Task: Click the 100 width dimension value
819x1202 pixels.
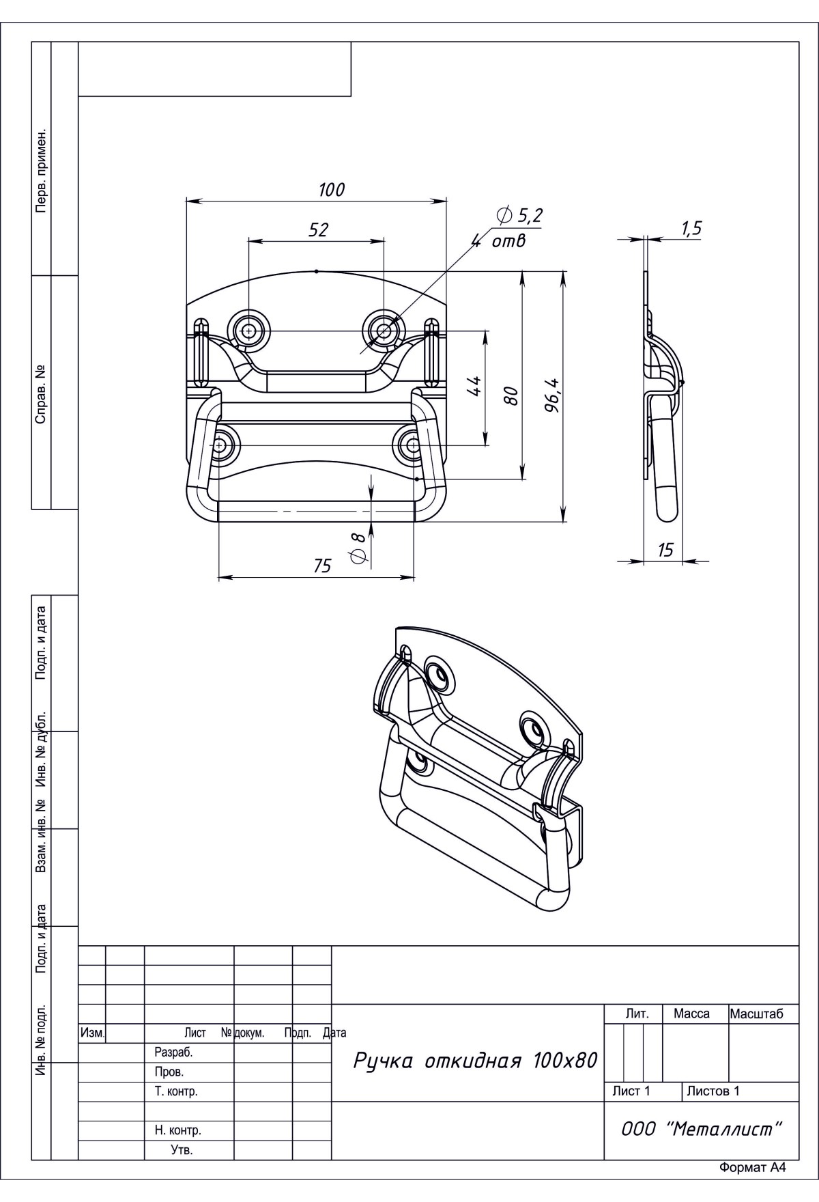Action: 332,190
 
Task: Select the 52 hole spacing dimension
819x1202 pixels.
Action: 318,230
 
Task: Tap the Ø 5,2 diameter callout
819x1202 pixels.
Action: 519,216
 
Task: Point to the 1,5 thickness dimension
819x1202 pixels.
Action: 691,229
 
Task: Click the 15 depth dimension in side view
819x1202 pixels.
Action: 665,550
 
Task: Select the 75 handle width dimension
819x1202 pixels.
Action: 322,566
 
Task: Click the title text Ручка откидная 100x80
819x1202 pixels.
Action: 475,1061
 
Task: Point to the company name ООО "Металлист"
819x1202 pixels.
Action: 701,1129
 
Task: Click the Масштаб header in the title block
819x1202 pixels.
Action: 756,1014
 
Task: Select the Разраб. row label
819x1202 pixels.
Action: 174,1052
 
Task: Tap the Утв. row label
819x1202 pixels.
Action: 182,1150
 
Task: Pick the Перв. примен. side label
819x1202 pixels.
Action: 42,169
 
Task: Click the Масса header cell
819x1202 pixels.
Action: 691,1014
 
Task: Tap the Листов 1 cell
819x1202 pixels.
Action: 713,1091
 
